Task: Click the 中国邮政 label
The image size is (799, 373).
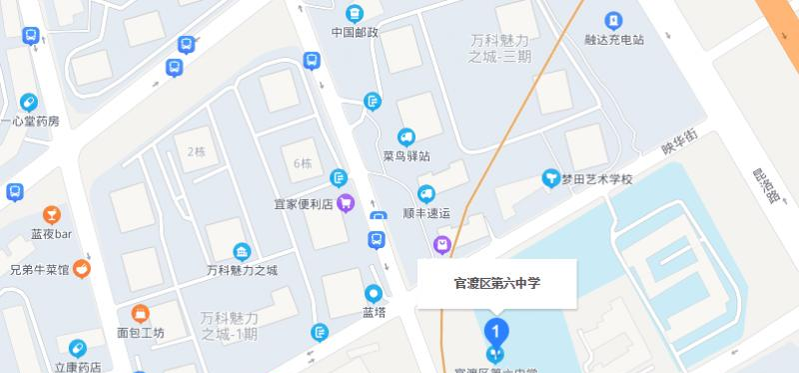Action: pos(356,32)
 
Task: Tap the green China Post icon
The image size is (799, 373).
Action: pos(355,13)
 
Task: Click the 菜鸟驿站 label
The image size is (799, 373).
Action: pos(406,156)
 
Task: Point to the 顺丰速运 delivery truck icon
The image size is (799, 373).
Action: pos(426,194)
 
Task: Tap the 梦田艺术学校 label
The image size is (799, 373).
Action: pos(596,179)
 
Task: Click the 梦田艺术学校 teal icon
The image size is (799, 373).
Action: pos(549,178)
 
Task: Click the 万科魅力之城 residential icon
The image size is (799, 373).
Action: pos(241,251)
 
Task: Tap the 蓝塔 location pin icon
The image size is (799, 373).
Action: pos(374,293)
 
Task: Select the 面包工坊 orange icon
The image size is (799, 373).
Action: pos(140,313)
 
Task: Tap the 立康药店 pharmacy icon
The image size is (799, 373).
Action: pos(77,348)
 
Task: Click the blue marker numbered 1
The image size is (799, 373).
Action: pos(495,329)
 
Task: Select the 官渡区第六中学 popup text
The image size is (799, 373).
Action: pos(497,284)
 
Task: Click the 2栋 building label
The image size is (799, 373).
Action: pos(196,152)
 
